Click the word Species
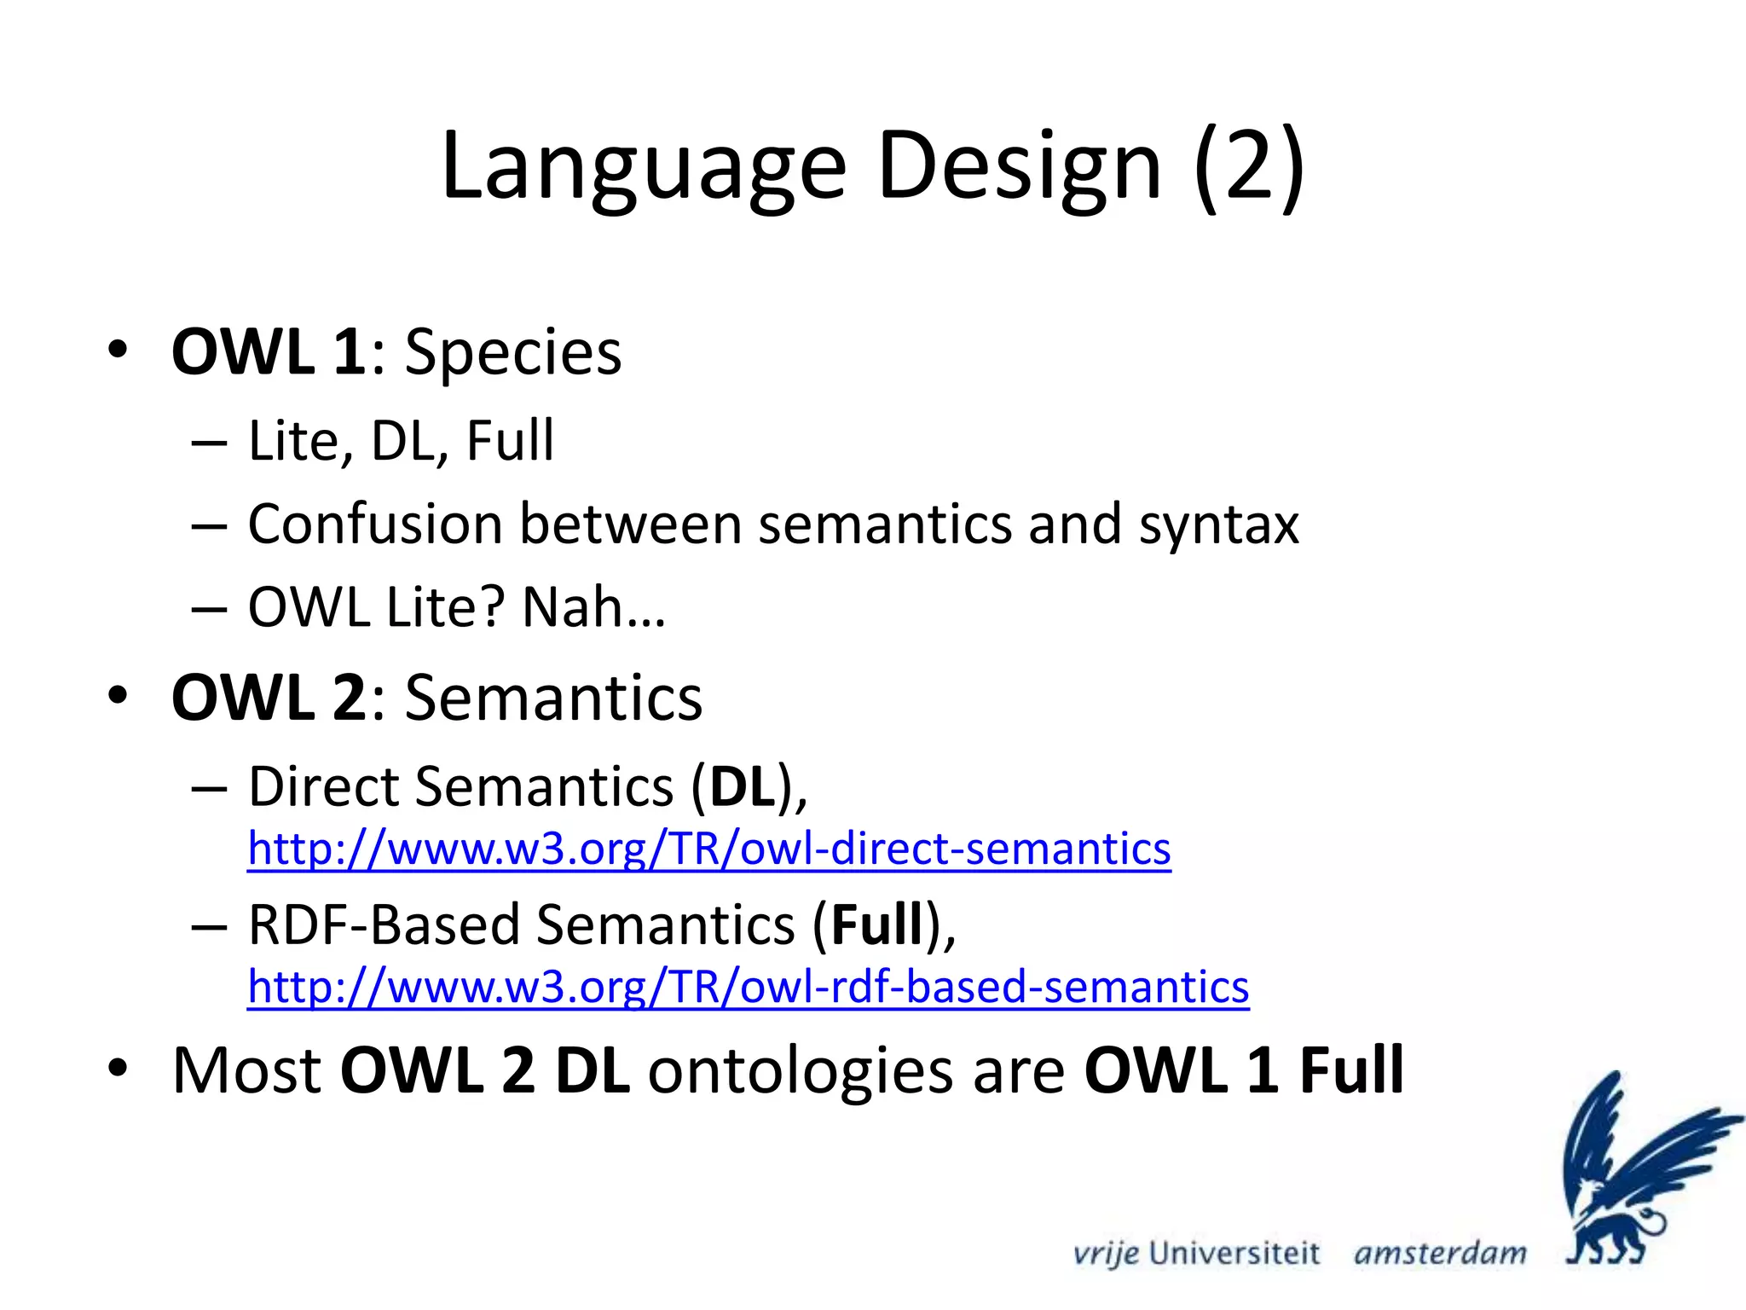tap(512, 353)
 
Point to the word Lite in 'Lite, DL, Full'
tap(295, 441)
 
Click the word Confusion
tap(374, 524)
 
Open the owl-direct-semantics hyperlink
tap(708, 849)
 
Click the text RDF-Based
tap(384, 925)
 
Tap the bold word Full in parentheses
tap(877, 925)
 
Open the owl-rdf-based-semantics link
tap(748, 987)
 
